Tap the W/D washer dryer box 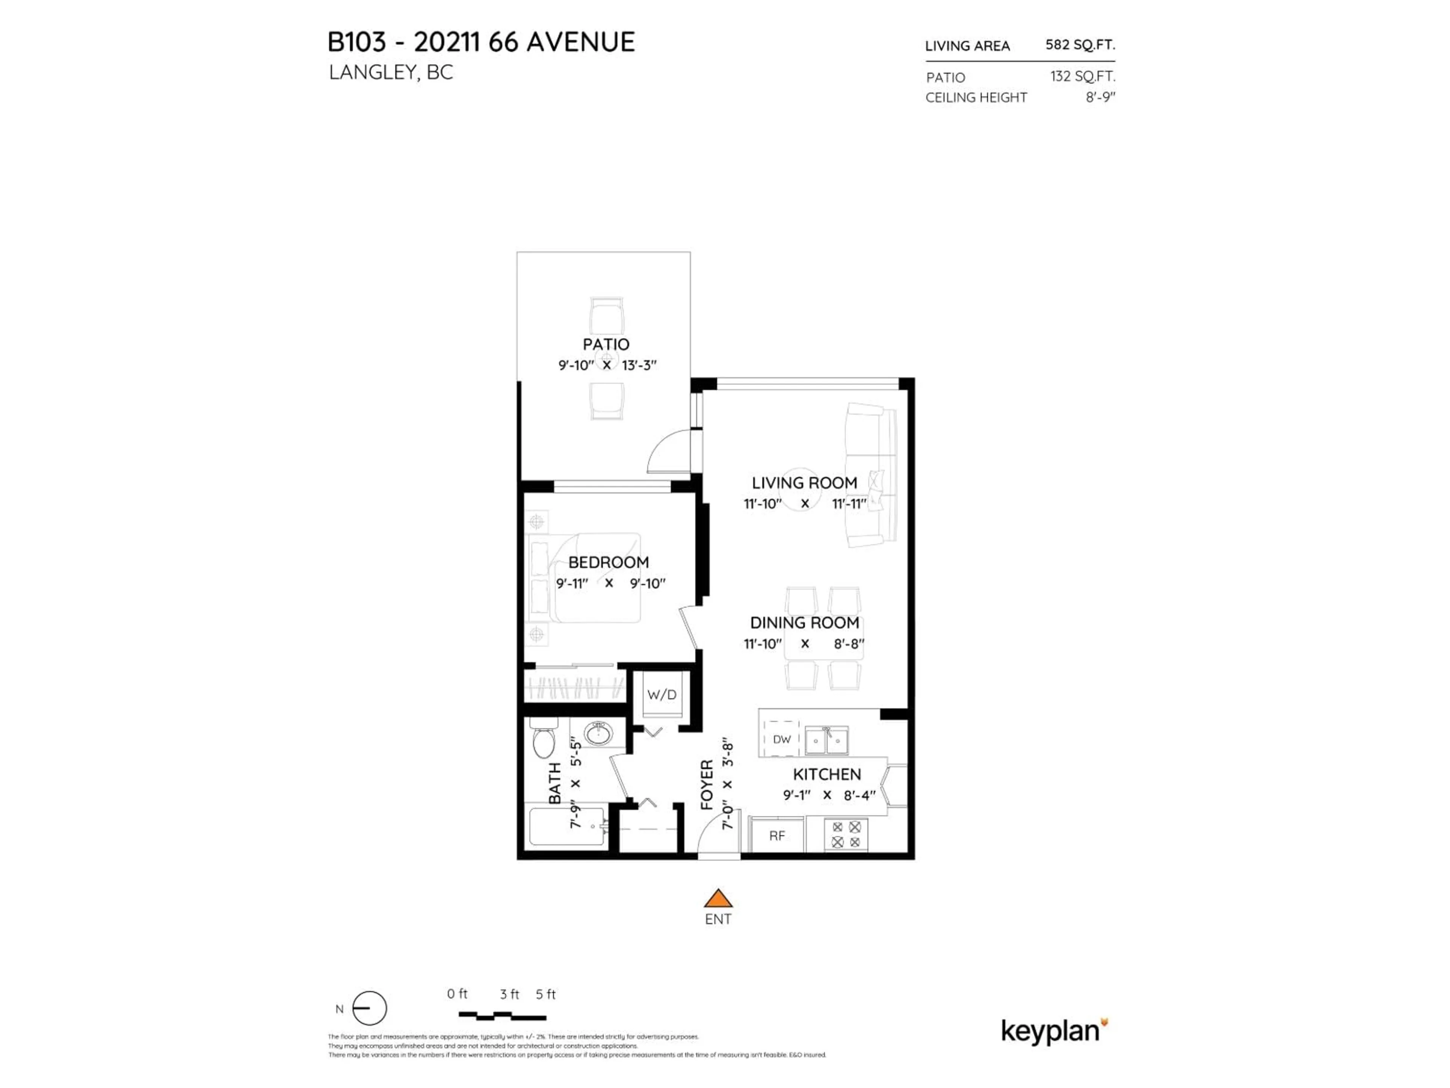coord(662,694)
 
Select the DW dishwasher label coord(781,739)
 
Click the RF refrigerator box coord(777,836)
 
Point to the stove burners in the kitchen coord(845,834)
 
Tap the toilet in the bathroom coord(543,739)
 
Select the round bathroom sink coord(598,733)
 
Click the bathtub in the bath coord(567,826)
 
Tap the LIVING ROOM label coord(804,483)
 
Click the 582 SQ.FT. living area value coord(1080,45)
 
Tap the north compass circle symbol coord(370,1008)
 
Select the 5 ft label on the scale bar coord(545,994)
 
